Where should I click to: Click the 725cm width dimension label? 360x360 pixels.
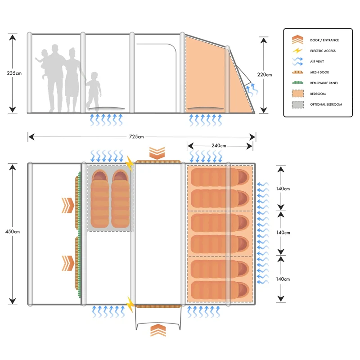(136, 136)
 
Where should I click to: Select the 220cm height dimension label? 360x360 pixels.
(265, 75)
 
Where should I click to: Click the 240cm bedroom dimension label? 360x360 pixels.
(220, 145)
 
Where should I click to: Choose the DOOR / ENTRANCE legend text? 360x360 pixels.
(324, 40)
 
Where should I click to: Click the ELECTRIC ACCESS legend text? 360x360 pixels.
(323, 51)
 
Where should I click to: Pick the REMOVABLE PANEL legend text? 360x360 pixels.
(324, 83)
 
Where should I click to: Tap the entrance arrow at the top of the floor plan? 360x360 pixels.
(157, 153)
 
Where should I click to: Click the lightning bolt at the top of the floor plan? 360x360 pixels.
(130, 163)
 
